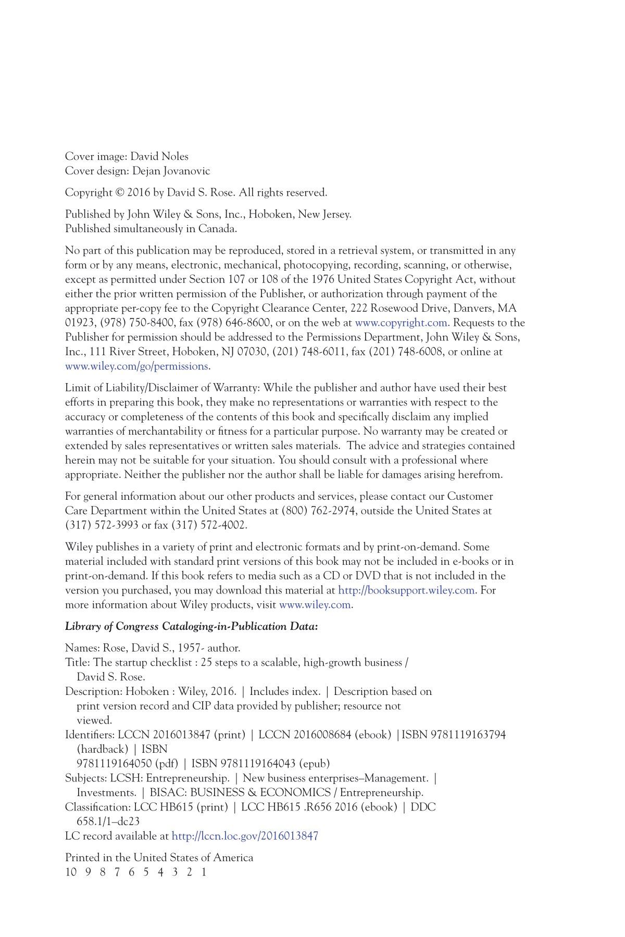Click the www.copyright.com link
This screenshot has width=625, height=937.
click(402, 323)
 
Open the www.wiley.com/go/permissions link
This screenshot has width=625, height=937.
click(136, 366)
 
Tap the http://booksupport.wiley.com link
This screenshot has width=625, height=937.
click(406, 590)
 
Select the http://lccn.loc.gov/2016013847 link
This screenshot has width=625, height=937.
click(245, 837)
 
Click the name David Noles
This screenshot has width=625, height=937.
click(159, 157)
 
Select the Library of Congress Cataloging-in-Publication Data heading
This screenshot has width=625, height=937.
click(191, 627)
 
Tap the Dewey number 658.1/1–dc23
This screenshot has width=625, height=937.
click(108, 822)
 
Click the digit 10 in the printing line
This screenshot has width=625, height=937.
click(71, 872)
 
